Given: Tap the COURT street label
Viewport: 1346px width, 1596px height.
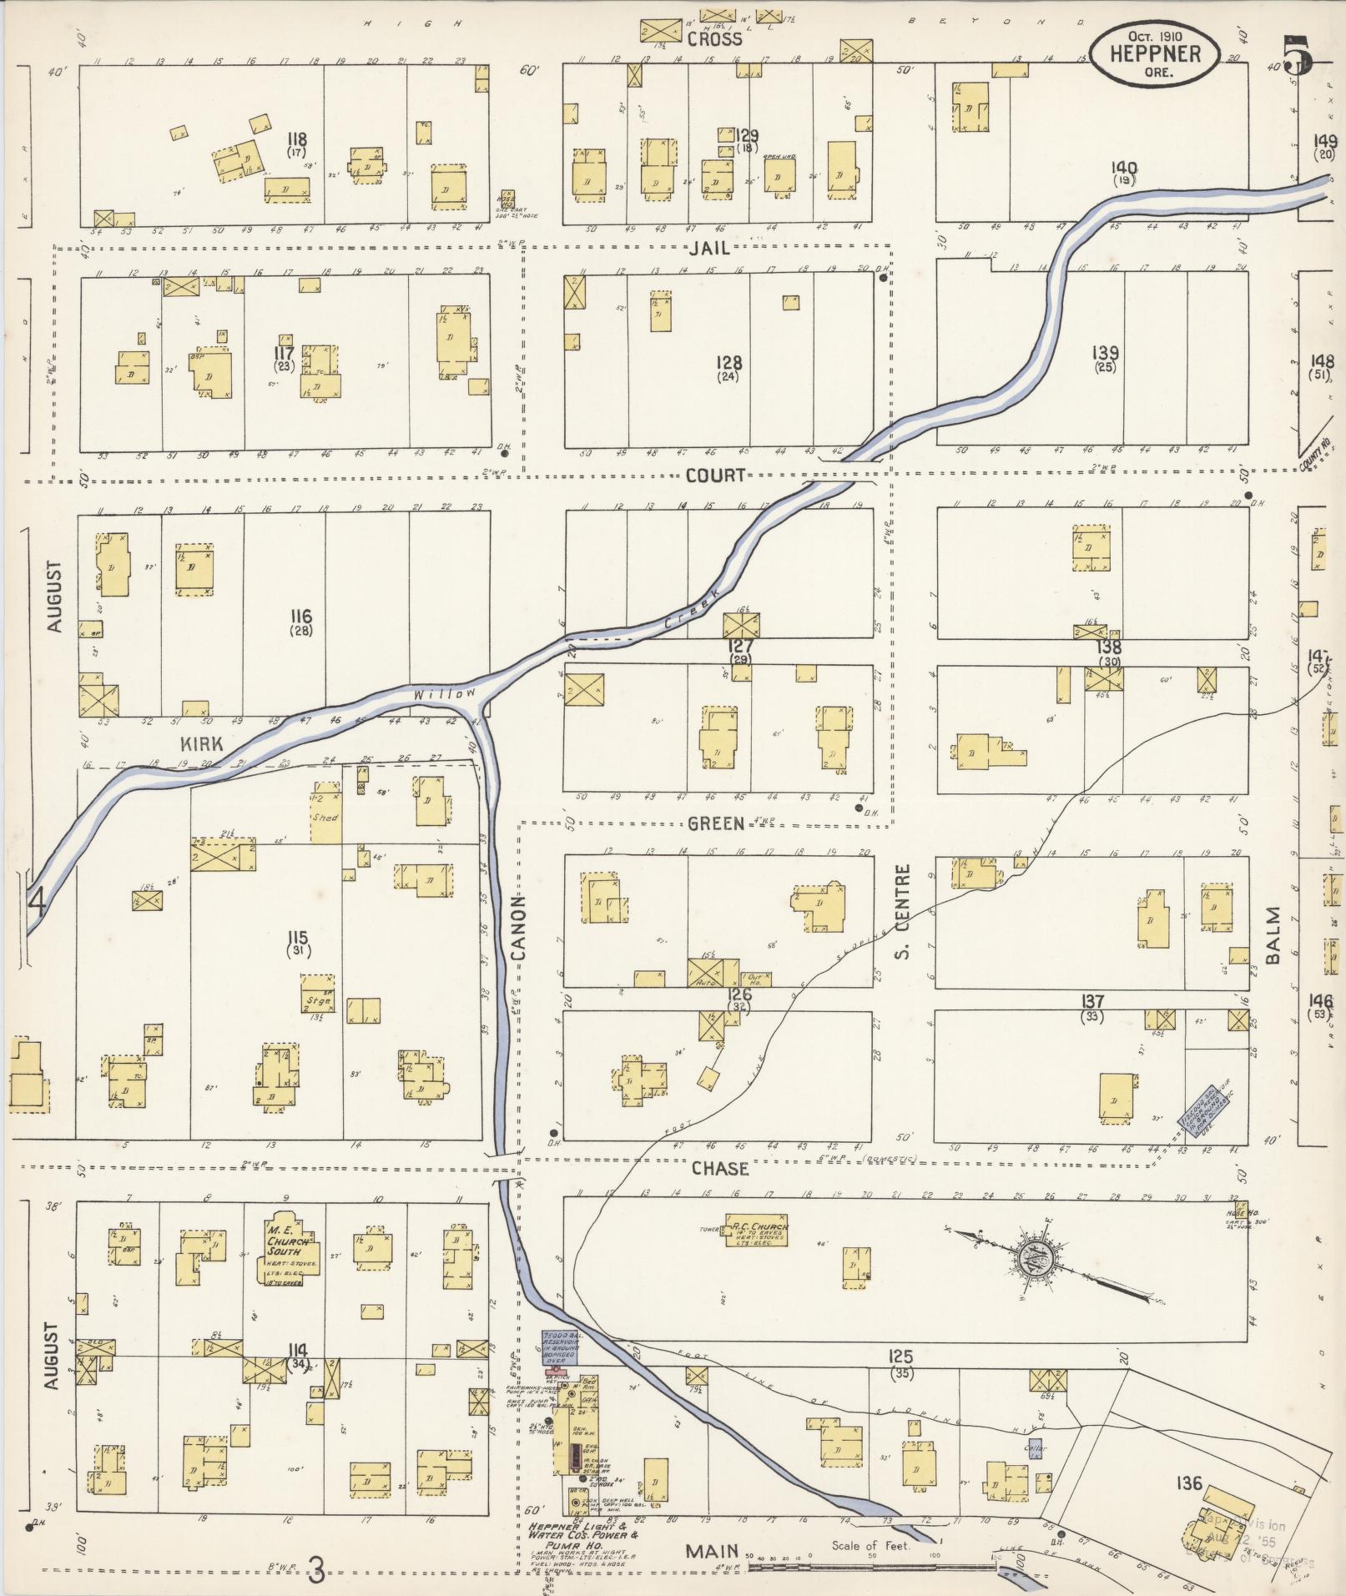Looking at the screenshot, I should point(715,475).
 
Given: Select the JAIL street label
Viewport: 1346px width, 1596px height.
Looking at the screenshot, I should point(710,248).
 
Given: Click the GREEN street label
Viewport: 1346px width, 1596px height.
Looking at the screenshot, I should point(715,823).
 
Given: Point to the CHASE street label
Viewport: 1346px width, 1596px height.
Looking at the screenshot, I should point(719,1169).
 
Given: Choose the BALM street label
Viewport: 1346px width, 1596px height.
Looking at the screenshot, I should point(1273,935).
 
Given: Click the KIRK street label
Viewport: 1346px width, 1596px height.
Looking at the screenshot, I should point(201,743).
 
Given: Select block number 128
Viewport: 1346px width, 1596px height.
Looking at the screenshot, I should point(728,363).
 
